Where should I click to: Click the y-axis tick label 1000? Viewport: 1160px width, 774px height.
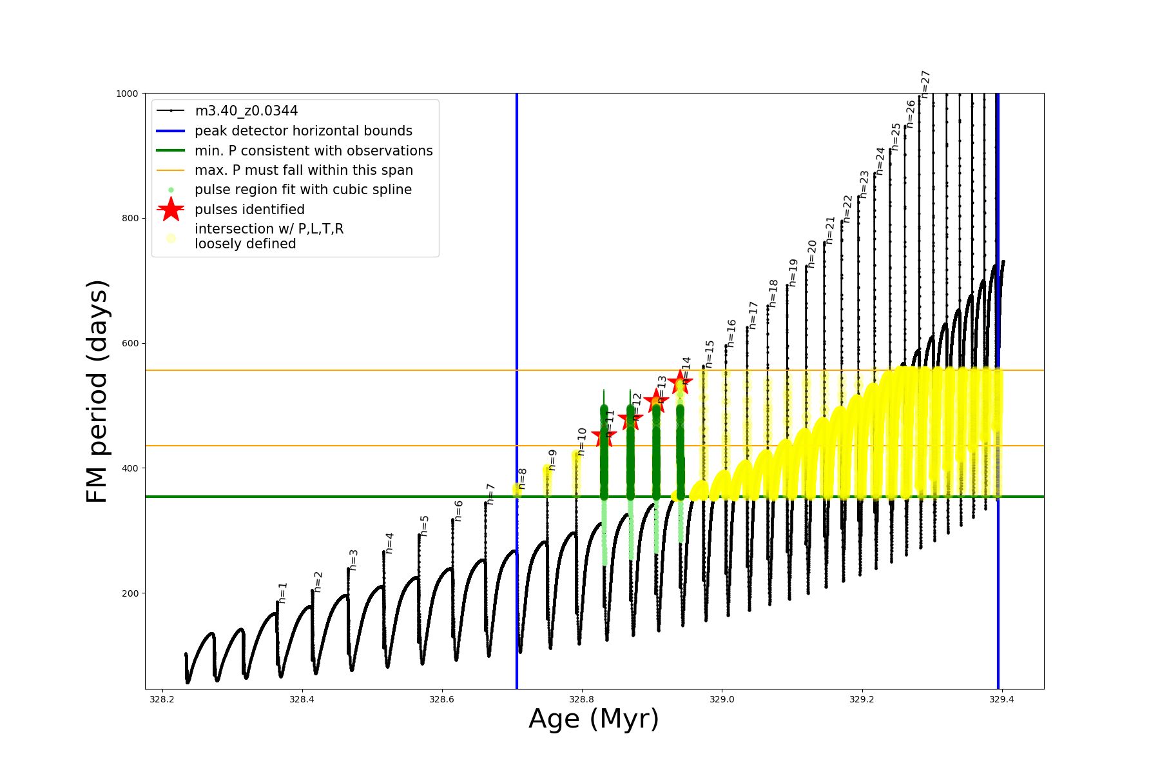pyautogui.click(x=127, y=94)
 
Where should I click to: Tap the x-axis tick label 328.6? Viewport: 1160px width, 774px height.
pyautogui.click(x=441, y=699)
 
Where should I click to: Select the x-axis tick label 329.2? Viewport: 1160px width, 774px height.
pyautogui.click(x=862, y=699)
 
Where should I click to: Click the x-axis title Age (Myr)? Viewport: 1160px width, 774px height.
pyautogui.click(x=594, y=719)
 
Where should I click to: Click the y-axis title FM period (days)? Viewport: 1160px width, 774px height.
pyautogui.click(x=97, y=392)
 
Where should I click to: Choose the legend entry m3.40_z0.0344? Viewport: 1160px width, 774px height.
pyautogui.click(x=246, y=111)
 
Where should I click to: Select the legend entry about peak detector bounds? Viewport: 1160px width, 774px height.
pyautogui.click(x=304, y=131)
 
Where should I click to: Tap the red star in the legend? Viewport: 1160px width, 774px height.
pyautogui.click(x=171, y=209)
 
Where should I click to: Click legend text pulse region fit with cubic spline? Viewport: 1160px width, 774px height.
pyautogui.click(x=303, y=190)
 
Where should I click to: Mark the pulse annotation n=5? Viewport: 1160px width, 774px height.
pyautogui.click(x=424, y=526)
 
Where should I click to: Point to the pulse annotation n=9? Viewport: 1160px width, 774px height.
pyautogui.click(x=552, y=460)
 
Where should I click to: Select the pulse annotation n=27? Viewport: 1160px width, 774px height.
pyautogui.click(x=925, y=84)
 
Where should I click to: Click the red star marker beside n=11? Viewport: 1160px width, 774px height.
pyautogui.click(x=603, y=436)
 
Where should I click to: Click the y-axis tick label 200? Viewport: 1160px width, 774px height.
pyautogui.click(x=130, y=593)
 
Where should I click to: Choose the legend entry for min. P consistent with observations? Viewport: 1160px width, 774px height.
pyautogui.click(x=313, y=150)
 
